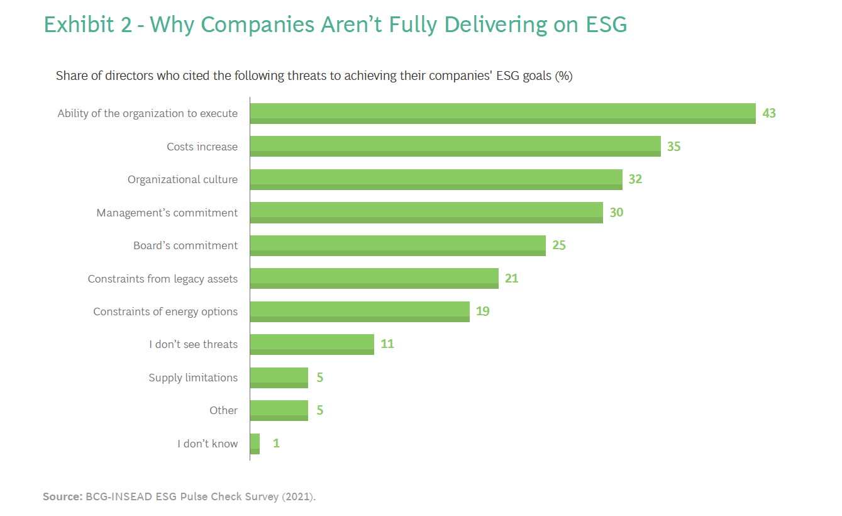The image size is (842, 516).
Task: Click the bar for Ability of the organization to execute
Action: pyautogui.click(x=502, y=113)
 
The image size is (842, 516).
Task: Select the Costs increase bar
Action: pyautogui.click(x=455, y=147)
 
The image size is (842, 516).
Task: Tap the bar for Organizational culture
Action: pyautogui.click(x=436, y=179)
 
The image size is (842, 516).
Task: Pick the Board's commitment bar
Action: pyautogui.click(x=397, y=245)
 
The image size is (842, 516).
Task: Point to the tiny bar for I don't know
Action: pyautogui.click(x=255, y=444)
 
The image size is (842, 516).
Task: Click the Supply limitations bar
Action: pyautogui.click(x=279, y=378)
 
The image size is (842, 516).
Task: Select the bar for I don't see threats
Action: pyautogui.click(x=312, y=344)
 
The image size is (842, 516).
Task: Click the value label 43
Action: pyautogui.click(x=769, y=114)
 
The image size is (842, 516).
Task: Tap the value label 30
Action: pyautogui.click(x=616, y=213)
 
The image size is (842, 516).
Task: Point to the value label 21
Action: pyautogui.click(x=511, y=278)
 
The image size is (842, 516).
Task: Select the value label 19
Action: pyautogui.click(x=482, y=311)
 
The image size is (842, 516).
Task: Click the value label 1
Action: pyautogui.click(x=276, y=444)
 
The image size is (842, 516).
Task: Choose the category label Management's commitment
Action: pyautogui.click(x=167, y=213)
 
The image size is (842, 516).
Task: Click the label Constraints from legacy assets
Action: pyautogui.click(x=163, y=279)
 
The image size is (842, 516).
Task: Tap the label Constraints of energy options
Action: pyautogui.click(x=165, y=311)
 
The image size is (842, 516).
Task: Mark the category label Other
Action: pyautogui.click(x=223, y=410)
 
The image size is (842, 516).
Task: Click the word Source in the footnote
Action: pyautogui.click(x=61, y=497)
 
